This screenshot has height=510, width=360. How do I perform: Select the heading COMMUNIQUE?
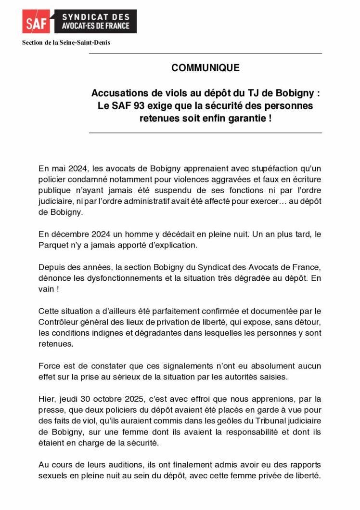tap(206, 68)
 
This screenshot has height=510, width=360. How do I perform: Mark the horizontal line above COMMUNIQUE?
tap(206, 53)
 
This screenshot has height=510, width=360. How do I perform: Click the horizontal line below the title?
tap(206, 132)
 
